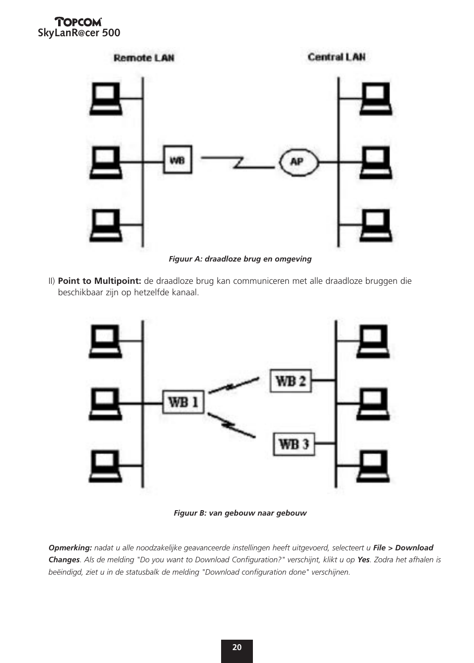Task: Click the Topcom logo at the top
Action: click(79, 21)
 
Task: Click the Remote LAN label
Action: click(144, 58)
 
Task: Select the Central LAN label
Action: click(336, 57)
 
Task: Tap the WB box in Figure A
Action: click(177, 160)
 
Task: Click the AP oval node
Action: click(297, 161)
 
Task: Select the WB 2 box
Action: click(291, 381)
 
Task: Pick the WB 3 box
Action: click(294, 444)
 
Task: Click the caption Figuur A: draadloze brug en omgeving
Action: click(240, 259)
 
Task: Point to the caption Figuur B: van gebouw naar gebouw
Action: click(240, 513)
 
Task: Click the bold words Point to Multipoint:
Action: click(99, 281)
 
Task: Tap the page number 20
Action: click(237, 648)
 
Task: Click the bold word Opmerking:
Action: click(70, 548)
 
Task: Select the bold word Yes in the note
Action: click(363, 560)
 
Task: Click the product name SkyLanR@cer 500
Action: click(79, 33)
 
